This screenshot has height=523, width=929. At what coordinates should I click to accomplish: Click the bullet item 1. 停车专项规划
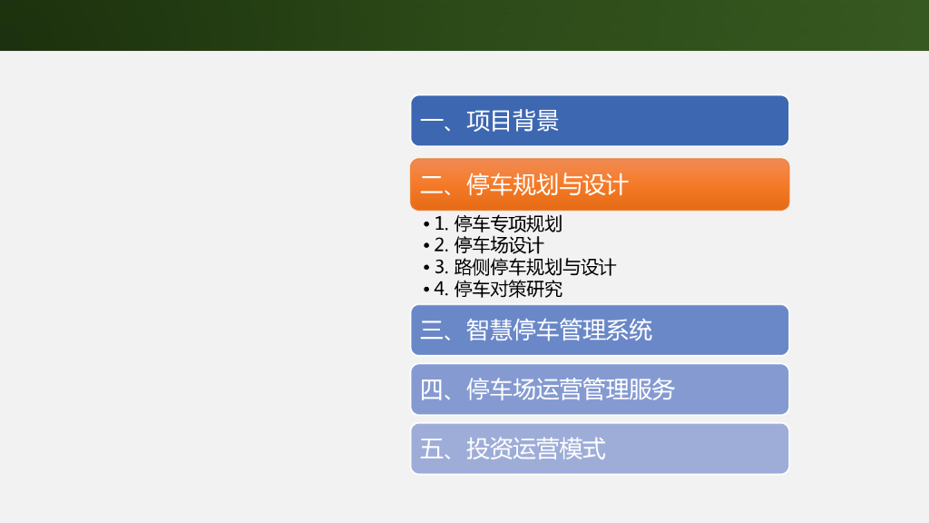coord(498,223)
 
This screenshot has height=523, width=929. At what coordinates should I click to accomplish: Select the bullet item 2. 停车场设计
coord(489,245)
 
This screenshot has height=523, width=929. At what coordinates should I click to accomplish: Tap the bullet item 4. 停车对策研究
coord(498,289)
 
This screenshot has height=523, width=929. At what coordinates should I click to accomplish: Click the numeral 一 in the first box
coord(431,121)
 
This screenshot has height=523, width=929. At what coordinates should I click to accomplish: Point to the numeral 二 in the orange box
coord(431,185)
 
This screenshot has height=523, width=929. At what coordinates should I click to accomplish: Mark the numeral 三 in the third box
coord(431,331)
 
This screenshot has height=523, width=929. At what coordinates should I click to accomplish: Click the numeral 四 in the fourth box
coord(431,390)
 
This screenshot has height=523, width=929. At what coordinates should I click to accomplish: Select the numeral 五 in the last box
coord(431,449)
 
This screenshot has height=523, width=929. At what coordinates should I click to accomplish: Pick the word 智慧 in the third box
coord(489,331)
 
